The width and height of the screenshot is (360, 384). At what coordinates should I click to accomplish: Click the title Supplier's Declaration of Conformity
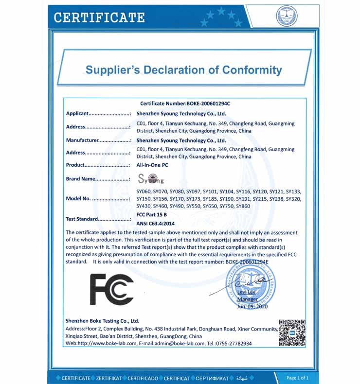tap(183, 70)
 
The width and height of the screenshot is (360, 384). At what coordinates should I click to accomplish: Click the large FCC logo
tap(111, 289)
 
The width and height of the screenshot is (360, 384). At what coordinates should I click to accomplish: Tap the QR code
tap(292, 333)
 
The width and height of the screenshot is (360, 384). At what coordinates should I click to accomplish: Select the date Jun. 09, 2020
tap(252, 307)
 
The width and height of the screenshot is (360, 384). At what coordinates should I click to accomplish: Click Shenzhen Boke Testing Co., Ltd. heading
tap(102, 321)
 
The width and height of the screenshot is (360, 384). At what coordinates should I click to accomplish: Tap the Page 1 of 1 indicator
tap(298, 377)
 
